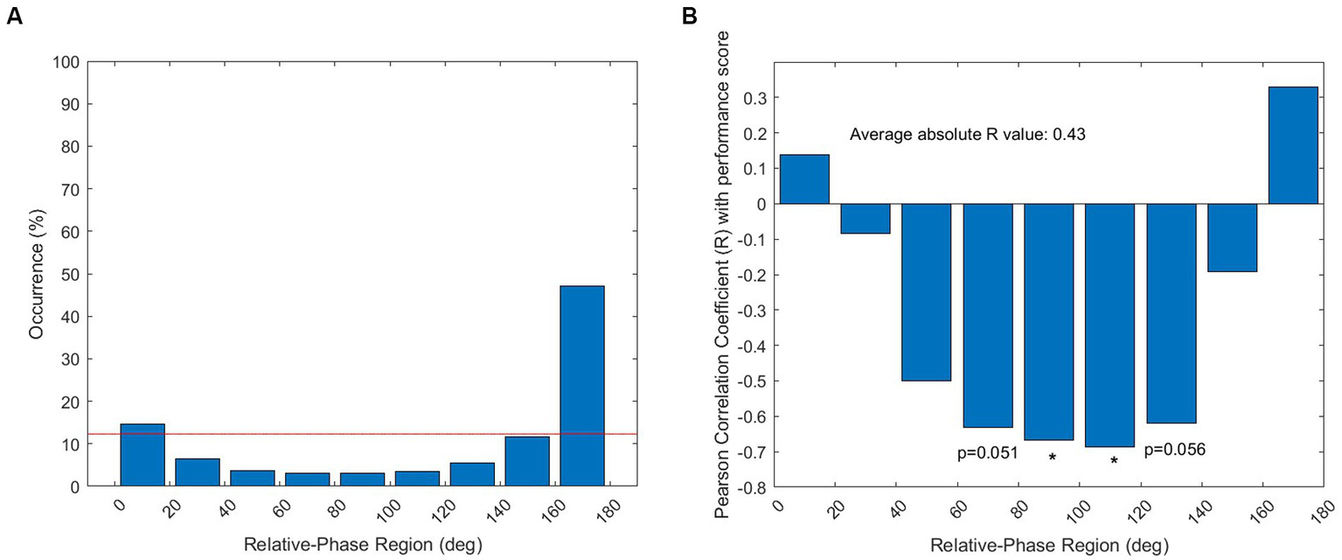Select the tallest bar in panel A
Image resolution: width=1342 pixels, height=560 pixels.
[x=581, y=385]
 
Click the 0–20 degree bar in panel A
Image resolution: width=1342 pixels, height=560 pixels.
[x=142, y=455]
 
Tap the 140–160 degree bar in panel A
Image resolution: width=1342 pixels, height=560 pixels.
[x=526, y=461]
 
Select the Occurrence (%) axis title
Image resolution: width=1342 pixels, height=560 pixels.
[x=35, y=274]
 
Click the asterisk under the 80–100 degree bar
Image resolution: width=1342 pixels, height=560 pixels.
[x=1053, y=458]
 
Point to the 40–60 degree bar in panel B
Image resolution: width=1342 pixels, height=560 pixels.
[x=926, y=292]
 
